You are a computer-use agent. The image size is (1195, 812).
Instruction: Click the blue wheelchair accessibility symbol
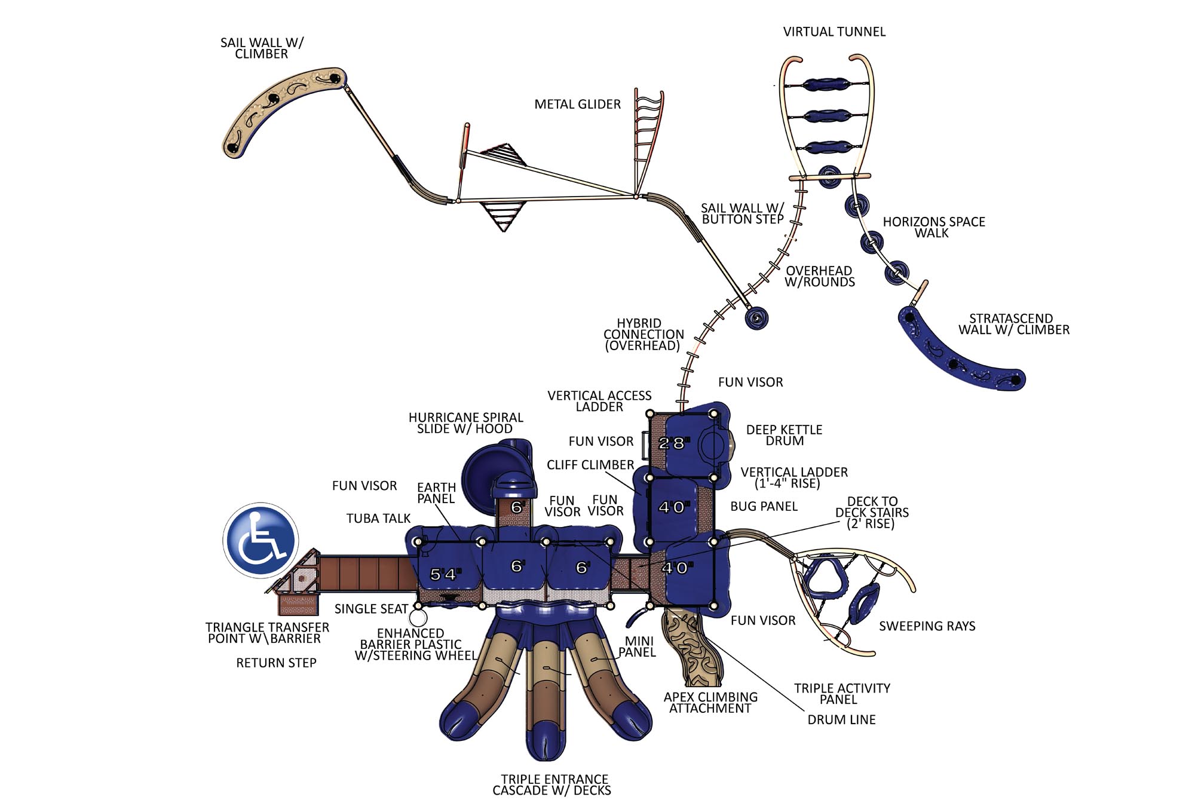(261, 540)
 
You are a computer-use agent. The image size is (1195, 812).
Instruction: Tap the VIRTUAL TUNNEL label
(834, 32)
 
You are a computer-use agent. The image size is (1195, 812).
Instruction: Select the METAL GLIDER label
(577, 104)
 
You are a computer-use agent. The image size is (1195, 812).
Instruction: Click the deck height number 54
(443, 574)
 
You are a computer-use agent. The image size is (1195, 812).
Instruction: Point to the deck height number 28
(672, 443)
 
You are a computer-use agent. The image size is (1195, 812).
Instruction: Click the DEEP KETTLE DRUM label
(784, 435)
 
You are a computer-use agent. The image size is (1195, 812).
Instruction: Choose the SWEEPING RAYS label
(927, 626)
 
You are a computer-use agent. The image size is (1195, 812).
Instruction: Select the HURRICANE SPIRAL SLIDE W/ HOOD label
(465, 423)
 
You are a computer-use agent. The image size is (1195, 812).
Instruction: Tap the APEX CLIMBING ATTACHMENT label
(710, 702)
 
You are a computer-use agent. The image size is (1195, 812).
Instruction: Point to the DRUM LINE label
(841, 719)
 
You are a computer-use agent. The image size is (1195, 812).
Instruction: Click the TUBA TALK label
(378, 518)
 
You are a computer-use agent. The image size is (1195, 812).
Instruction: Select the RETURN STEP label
(276, 663)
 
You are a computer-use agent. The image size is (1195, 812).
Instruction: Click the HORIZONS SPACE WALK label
(933, 227)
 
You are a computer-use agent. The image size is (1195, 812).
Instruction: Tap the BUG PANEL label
(764, 506)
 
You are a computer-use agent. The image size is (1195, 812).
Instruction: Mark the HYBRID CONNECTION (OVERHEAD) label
(643, 334)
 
